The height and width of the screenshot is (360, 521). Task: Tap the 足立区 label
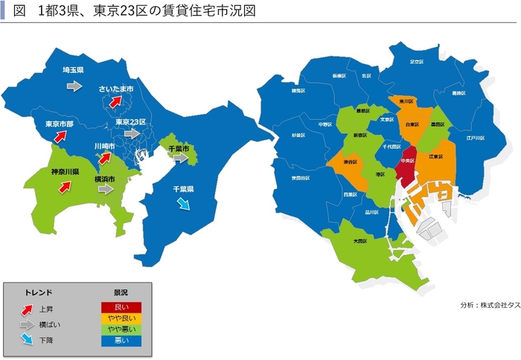coord(417,62)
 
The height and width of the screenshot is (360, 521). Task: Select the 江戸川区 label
coord(475,138)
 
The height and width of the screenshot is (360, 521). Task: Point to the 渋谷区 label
coord(350,161)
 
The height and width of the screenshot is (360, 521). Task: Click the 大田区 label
coord(359,241)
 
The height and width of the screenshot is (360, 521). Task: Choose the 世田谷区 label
coord(301,179)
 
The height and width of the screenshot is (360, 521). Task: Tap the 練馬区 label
coord(298,91)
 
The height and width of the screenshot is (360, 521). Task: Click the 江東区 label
coord(435,157)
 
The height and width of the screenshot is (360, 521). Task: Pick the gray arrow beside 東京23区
coord(132,134)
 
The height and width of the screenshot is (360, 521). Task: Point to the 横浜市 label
coord(104,179)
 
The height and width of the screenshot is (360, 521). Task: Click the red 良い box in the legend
coord(121,306)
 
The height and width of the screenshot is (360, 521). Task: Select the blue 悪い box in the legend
coord(121,341)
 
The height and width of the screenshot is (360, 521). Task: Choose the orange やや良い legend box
coord(121,318)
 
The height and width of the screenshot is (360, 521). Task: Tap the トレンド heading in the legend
coord(39,292)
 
